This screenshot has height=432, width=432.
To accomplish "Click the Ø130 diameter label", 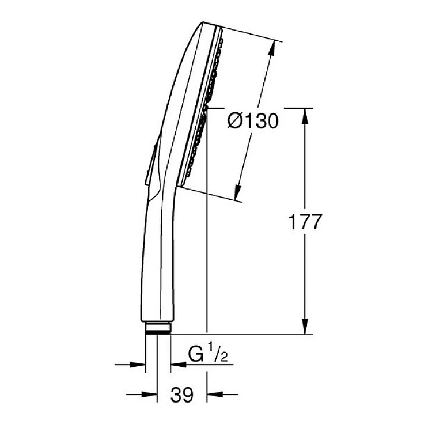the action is coord(253,121).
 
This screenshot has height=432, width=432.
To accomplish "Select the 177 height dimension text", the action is coord(305,222).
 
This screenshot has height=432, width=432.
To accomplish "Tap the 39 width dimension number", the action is coord(182,395).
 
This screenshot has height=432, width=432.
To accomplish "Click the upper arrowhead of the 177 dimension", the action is coord(305,116).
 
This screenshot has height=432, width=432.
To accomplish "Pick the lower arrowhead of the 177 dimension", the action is coord(305,326).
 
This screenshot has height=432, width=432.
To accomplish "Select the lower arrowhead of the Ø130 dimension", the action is coord(237,192).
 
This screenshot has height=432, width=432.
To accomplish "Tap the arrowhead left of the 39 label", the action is coord(149,395).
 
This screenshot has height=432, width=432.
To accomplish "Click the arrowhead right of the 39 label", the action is coord(215,395).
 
